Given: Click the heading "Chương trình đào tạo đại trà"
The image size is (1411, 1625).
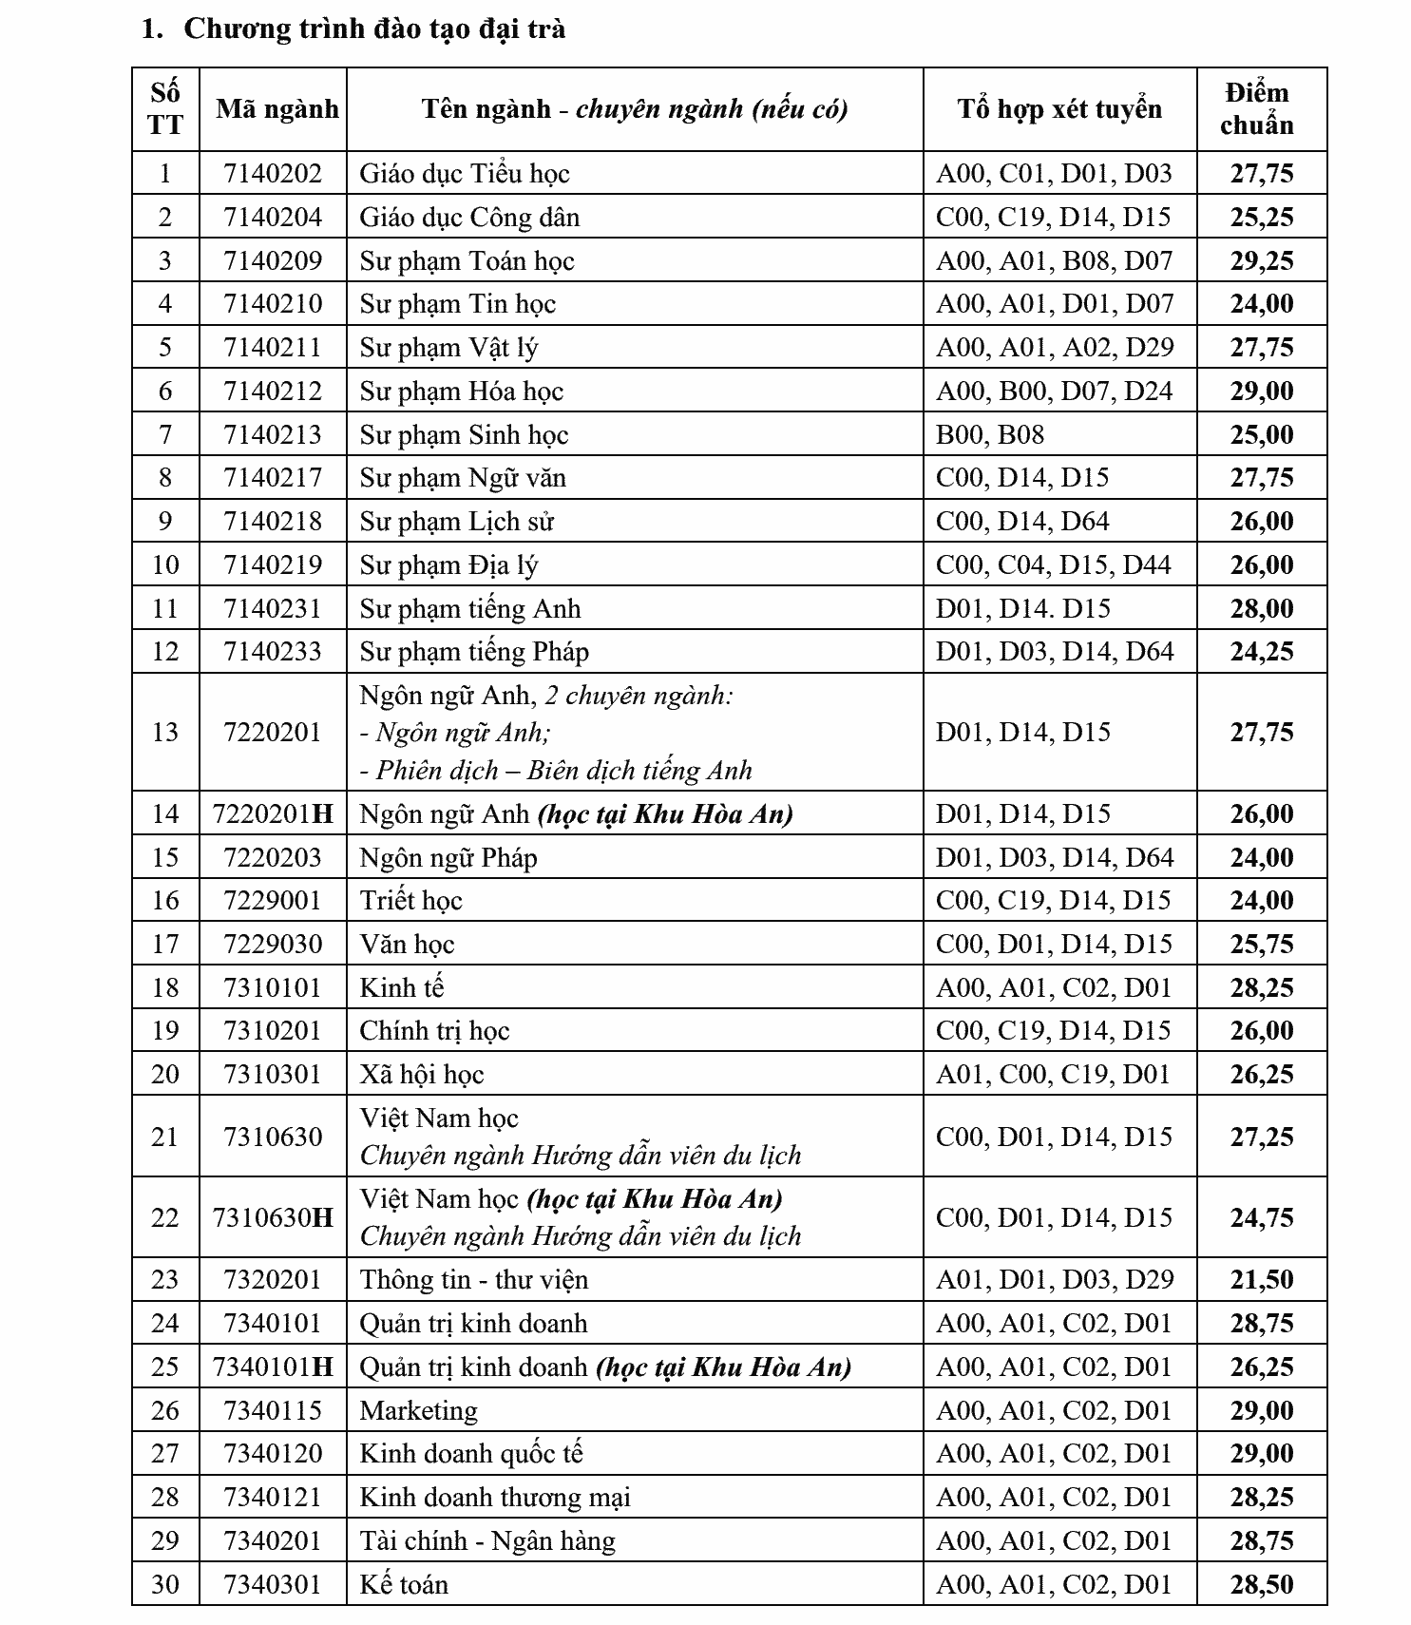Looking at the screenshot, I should [x=374, y=29].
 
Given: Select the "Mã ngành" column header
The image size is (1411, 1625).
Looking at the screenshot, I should [x=276, y=109].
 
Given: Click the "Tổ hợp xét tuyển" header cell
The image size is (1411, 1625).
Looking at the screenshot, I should [x=1059, y=109].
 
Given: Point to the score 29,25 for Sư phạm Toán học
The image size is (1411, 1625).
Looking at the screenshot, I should [x=1262, y=260].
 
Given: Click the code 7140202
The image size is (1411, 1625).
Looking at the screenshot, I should [x=273, y=173].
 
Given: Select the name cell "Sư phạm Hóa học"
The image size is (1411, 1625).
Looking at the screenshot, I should [x=462, y=391].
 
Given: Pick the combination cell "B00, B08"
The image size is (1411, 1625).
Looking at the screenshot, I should [x=990, y=434].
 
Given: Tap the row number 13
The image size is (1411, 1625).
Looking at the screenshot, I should [x=165, y=732].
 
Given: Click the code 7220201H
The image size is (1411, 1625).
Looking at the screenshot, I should [x=273, y=813].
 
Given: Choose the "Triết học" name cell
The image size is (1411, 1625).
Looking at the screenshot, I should [x=410, y=900].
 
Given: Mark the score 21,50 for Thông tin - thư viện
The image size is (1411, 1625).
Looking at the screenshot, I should [x=1262, y=1279].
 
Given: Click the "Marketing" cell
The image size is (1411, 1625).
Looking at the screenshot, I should [x=418, y=1410].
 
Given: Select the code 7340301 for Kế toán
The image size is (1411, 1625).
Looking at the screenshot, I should [x=273, y=1584].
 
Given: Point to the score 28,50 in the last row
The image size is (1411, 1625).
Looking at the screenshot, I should [x=1262, y=1584].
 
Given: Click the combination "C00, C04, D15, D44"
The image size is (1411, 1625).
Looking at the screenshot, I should [x=1054, y=564].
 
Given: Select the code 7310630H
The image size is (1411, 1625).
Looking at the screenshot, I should [x=273, y=1217].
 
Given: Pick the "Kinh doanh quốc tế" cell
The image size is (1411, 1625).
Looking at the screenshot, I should [x=471, y=1453].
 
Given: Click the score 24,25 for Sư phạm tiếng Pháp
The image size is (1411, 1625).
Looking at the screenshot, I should [x=1262, y=651].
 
